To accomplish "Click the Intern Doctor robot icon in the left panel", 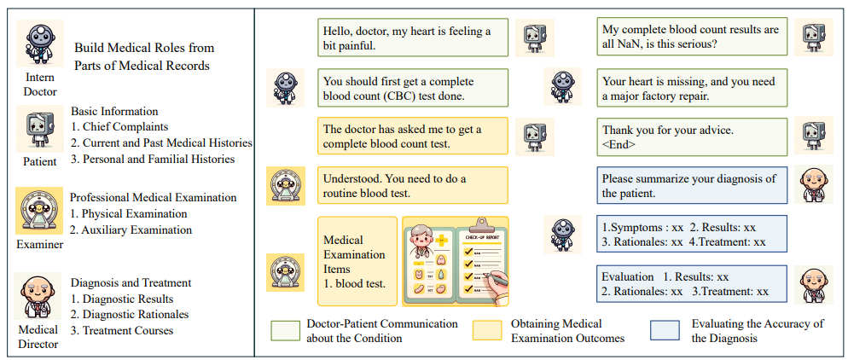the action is [40, 44].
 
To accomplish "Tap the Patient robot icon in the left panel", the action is [40, 129].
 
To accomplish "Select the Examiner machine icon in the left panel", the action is [39, 211].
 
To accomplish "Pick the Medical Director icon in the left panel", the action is [39, 296].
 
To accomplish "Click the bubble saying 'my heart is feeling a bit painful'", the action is [413, 38].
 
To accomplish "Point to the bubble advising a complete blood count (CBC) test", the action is [413, 88].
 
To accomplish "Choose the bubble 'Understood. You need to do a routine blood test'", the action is [413, 185].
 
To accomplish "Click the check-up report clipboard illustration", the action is [455, 261].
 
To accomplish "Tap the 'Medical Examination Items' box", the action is [357, 261].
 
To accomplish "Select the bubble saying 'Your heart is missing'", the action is [692, 88].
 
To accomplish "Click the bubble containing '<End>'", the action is [692, 136].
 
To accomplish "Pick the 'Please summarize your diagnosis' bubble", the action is [692, 185].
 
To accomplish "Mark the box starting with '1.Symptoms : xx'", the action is [692, 234].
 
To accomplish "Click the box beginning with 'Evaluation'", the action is [692, 283].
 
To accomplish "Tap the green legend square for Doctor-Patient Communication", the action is [286, 331].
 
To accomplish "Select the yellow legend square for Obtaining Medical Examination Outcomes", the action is [487, 331].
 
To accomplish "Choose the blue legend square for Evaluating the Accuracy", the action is [664, 331].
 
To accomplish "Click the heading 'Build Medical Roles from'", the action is [144, 48].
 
